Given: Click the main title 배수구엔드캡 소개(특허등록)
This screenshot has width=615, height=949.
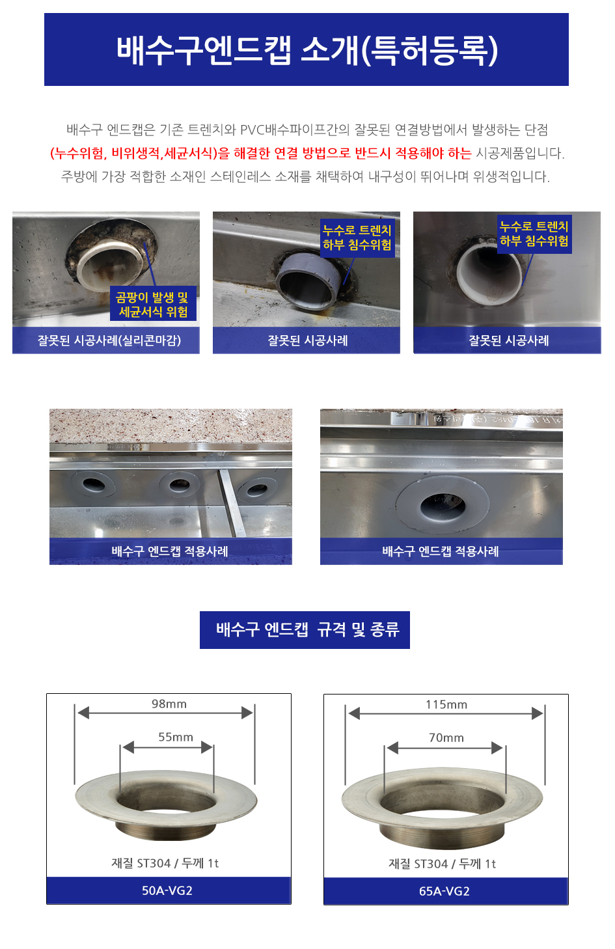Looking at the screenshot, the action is tap(307, 50).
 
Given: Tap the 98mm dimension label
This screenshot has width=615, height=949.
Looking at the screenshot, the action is tap(169, 704).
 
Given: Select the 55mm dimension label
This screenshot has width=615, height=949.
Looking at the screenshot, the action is tap(175, 737).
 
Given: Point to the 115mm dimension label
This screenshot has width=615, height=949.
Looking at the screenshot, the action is tap(446, 704).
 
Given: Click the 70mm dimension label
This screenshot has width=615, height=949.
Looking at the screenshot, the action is tap(446, 737).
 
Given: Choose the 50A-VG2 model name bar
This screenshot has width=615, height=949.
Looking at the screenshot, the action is tap(169, 890).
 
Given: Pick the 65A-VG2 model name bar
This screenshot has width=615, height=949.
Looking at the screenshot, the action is tap(446, 891).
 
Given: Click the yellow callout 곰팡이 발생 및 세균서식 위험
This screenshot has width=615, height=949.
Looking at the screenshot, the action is tap(154, 304).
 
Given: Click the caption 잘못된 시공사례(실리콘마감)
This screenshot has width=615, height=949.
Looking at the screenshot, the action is tap(109, 340).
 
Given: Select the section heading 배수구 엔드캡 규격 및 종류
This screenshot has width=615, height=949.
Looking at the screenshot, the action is tap(307, 629).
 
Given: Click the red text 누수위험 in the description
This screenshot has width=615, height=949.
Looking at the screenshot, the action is tap(79, 152).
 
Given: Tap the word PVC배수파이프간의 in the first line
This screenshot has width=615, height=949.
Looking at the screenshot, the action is tap(295, 130).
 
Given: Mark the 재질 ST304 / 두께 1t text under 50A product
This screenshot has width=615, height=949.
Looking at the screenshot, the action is tap(165, 863).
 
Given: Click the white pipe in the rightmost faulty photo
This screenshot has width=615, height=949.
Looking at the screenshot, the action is tap(489, 273).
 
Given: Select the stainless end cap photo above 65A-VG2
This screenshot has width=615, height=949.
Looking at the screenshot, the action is tap(442, 807).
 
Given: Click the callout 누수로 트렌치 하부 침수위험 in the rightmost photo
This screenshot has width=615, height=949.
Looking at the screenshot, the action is tap(534, 234).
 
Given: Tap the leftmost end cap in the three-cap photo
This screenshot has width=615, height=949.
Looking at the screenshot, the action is tap(93, 484).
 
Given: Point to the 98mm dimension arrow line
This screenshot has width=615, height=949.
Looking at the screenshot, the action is tap(165, 713).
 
